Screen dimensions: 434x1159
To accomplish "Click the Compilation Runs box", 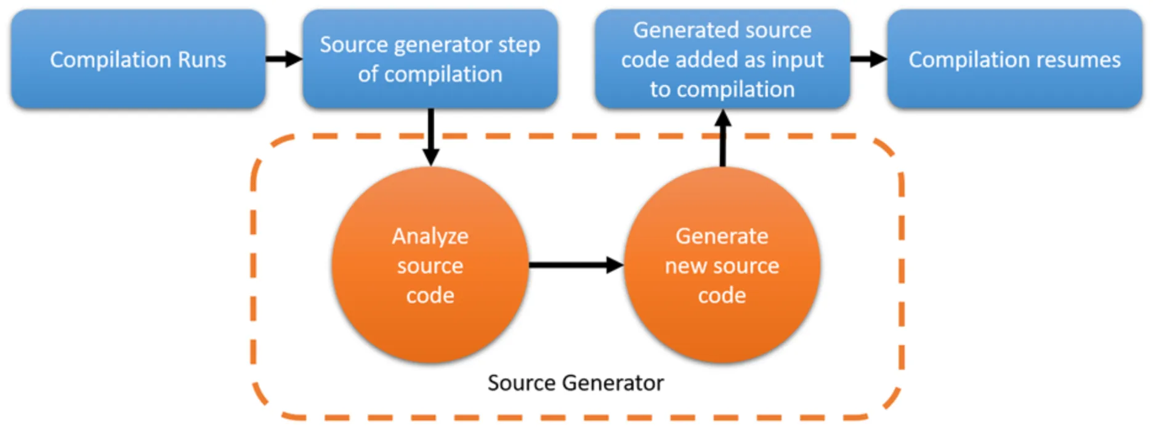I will pos(138,59).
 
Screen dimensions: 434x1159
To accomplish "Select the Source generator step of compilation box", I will pos(430,59).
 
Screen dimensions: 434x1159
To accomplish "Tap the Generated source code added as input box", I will pos(722,59).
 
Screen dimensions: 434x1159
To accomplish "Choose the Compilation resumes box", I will pos(1014,59).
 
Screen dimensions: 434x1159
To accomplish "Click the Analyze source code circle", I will pos(430,265).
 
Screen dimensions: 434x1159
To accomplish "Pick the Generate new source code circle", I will pos(722,265).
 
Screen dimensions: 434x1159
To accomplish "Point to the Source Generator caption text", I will pos(575,383).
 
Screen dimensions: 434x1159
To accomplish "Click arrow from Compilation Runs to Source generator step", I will pos(284,59).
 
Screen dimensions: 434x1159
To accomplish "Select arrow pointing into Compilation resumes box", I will pos(868,59).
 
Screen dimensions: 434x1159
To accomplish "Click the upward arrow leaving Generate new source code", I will pos(723,138).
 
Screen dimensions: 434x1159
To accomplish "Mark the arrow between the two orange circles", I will pos(576,265).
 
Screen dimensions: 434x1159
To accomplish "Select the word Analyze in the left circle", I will pos(430,236).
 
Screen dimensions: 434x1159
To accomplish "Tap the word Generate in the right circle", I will pos(722,236).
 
